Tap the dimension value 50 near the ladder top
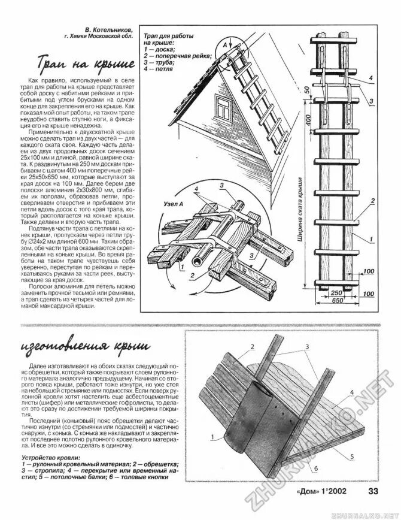click(x=306, y=90)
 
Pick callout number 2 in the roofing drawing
click(x=253, y=347)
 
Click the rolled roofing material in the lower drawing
click(x=246, y=413)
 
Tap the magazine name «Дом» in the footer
click(x=309, y=493)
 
